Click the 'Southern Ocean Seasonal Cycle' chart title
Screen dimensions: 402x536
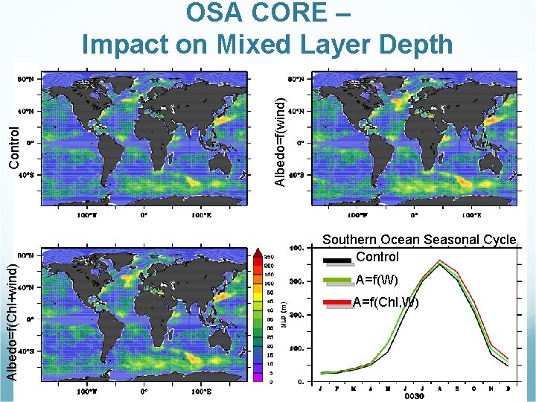[x=418, y=240]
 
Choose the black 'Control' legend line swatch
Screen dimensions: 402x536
[x=336, y=260]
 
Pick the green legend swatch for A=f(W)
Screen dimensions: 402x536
[x=336, y=281]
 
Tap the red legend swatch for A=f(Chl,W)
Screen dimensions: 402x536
[x=336, y=302]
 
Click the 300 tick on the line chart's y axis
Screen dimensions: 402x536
[x=296, y=281]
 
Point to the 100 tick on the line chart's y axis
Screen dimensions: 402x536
[x=296, y=348]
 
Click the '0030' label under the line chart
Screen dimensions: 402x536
[x=415, y=396]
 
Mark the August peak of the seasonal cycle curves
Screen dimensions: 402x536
[x=439, y=262]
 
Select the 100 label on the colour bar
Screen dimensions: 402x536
[x=268, y=283]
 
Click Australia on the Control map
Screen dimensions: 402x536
[x=217, y=166]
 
